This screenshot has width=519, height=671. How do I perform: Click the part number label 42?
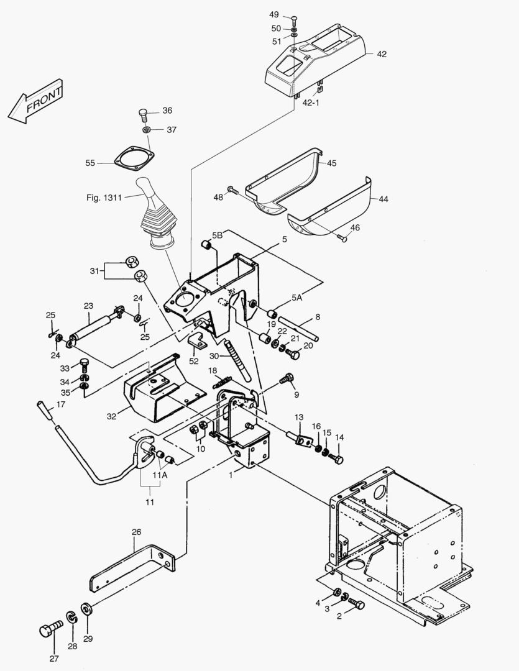click(x=381, y=54)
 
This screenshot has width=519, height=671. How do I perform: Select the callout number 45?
click(x=331, y=163)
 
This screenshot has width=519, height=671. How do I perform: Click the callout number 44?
click(x=383, y=199)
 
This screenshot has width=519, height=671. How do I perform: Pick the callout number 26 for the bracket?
click(x=137, y=532)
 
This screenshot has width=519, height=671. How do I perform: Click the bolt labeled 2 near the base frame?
click(x=356, y=603)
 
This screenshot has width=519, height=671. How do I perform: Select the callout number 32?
click(x=111, y=416)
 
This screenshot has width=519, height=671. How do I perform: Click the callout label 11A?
click(x=160, y=475)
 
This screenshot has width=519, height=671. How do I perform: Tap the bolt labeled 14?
click(x=336, y=459)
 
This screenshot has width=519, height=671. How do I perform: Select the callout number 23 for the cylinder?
click(x=88, y=305)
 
